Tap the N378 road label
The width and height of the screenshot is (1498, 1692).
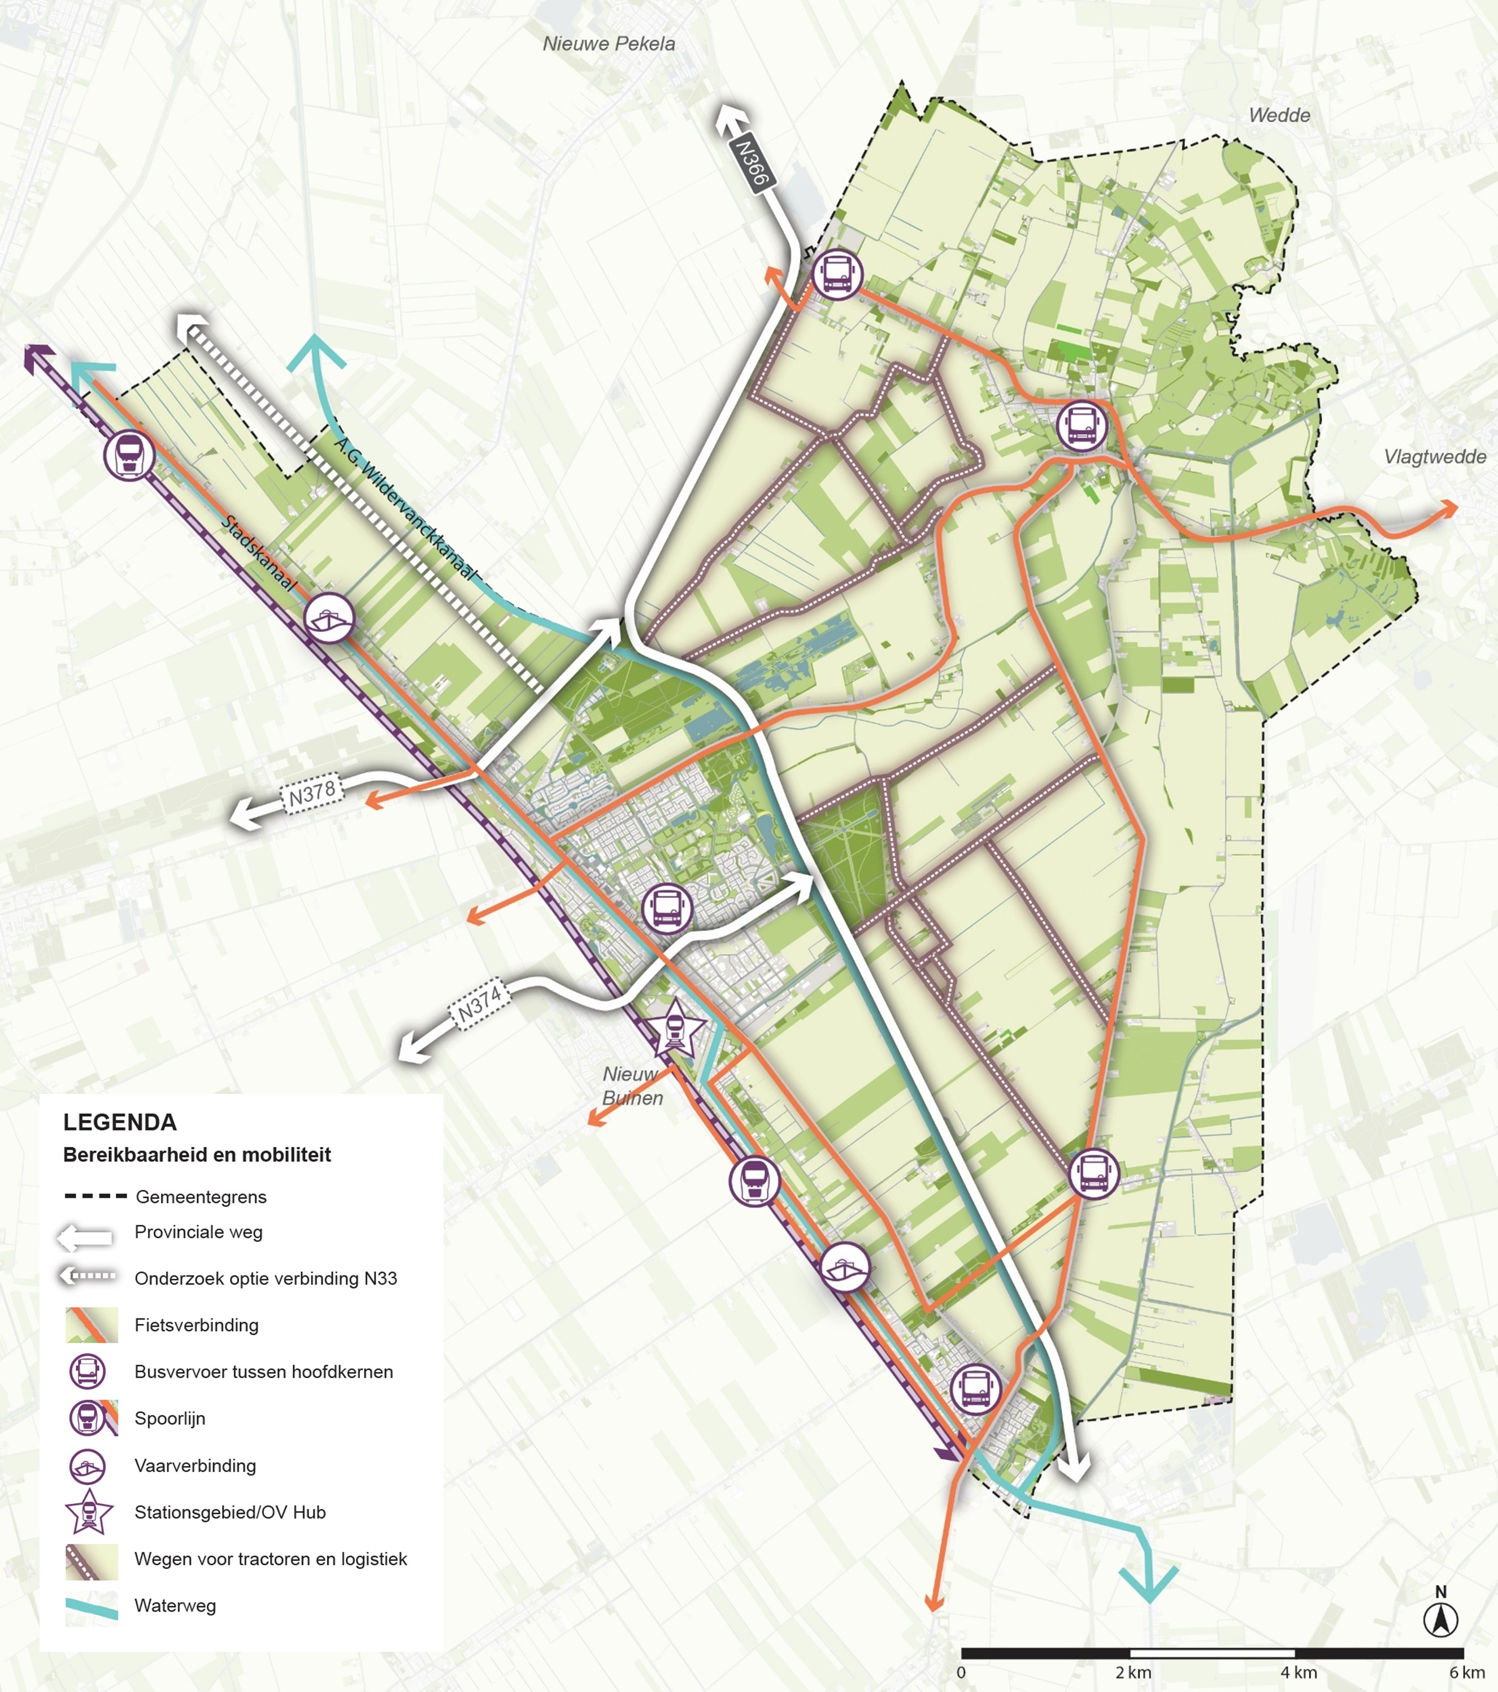(312, 795)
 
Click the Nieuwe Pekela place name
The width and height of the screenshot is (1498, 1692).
(609, 44)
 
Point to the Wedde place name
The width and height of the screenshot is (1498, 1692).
(1279, 115)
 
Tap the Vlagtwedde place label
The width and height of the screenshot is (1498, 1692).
(1434, 457)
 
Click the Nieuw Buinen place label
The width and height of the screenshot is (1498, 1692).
(632, 1085)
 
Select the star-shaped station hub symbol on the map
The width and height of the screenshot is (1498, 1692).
(675, 1029)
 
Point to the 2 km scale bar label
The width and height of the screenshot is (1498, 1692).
(1133, 1672)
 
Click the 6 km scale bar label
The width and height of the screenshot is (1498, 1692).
(1466, 1672)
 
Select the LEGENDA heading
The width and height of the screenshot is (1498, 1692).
(120, 1123)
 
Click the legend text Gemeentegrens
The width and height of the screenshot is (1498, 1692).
(201, 1196)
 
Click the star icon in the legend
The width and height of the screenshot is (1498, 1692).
(88, 1512)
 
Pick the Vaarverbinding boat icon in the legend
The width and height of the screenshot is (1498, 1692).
(88, 1466)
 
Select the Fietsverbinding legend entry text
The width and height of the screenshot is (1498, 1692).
(196, 1325)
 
